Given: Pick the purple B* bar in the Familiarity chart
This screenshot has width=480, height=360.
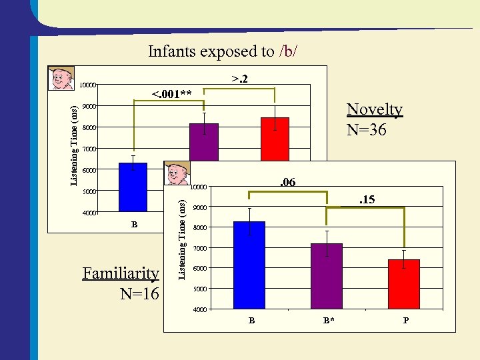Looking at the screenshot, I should (326, 276).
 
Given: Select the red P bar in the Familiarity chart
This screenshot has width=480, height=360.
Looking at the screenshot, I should (403, 284).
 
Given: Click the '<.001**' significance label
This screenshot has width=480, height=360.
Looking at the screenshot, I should (172, 93).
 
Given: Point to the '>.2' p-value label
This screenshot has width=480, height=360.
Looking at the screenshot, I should (240, 79).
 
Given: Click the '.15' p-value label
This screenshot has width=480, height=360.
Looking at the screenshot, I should (367, 199).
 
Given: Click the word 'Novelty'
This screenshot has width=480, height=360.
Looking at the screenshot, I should (375, 110).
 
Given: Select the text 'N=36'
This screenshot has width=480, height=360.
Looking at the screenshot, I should (367, 129).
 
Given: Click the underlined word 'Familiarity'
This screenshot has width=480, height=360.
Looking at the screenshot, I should (121, 273).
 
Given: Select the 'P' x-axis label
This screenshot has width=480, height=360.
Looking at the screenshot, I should (405, 321).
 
